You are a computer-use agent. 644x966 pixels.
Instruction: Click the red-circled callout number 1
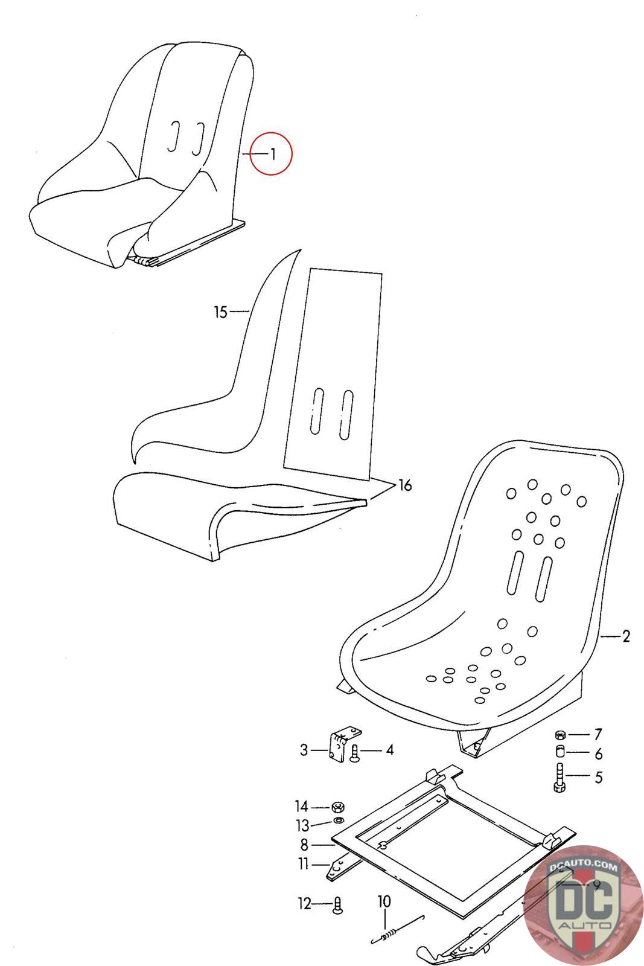click(272, 155)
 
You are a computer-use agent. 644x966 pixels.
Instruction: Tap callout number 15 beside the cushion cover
click(220, 312)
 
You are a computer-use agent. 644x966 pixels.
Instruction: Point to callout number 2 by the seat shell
click(625, 636)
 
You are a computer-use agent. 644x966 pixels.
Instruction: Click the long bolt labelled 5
click(558, 778)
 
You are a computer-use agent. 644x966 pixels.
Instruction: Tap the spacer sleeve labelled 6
click(559, 752)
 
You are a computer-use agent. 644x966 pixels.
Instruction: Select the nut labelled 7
click(560, 735)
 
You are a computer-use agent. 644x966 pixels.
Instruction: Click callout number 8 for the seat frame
click(304, 845)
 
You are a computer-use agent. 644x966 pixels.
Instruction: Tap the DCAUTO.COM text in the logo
click(584, 868)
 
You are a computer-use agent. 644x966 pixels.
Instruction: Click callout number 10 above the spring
click(384, 902)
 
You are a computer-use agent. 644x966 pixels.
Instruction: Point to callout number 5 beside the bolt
click(598, 777)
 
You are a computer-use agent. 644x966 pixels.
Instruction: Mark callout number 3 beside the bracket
click(304, 750)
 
